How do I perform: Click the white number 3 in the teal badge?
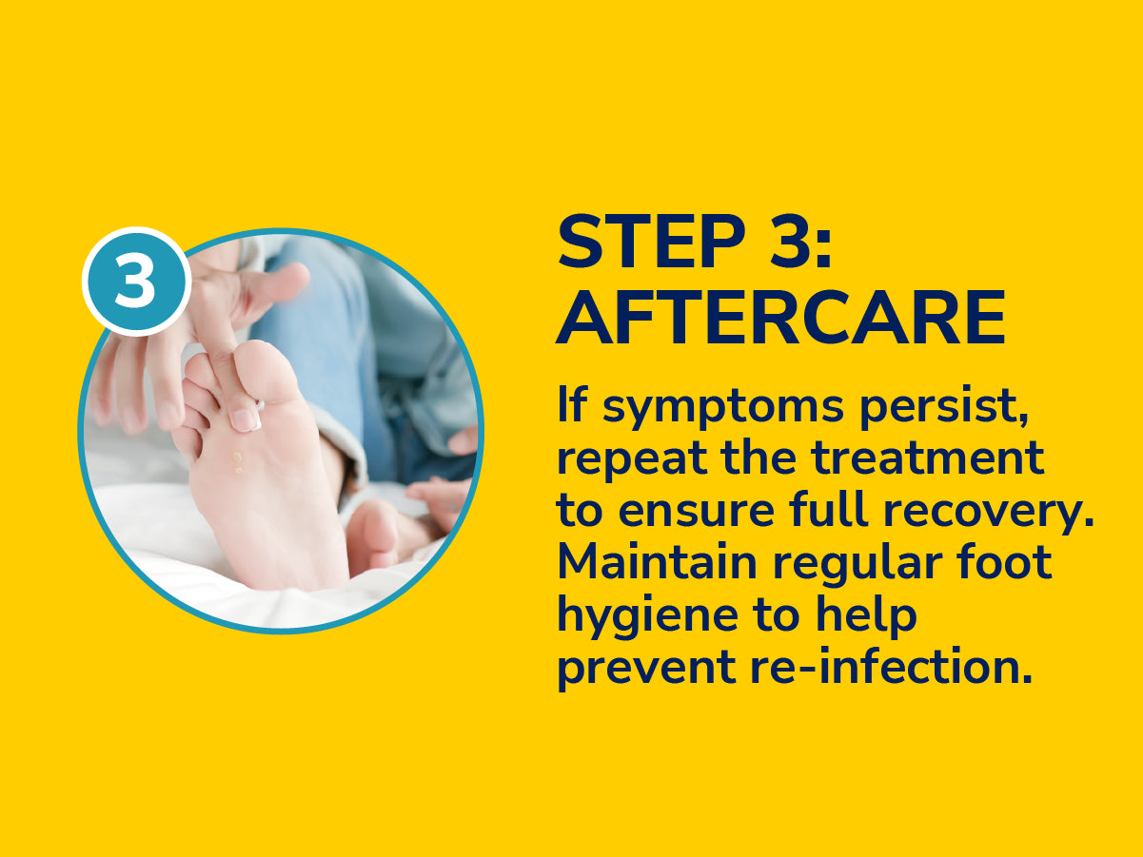point(135,281)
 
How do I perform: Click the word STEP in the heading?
point(651,242)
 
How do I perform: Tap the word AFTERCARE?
point(780,318)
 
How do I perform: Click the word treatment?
point(927,458)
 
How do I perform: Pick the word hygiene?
point(647,617)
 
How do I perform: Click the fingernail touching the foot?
point(246,419)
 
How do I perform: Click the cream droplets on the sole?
point(238,461)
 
